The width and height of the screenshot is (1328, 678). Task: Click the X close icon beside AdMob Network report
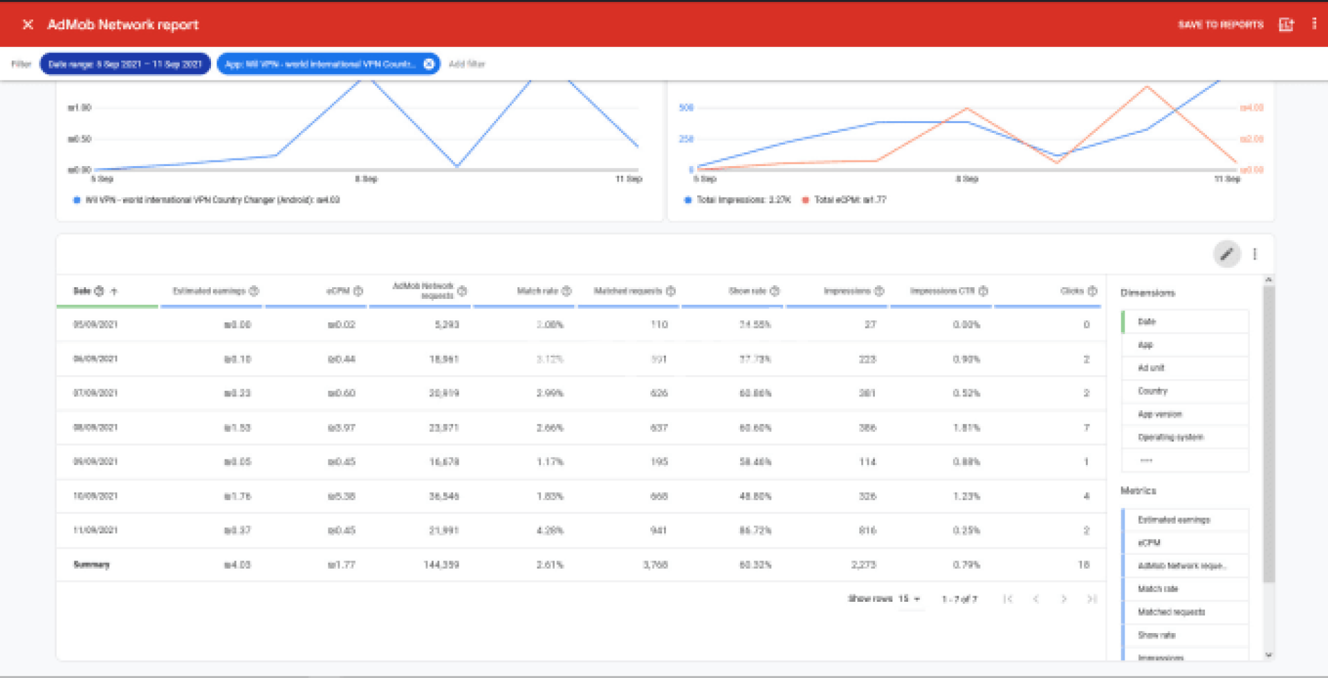pyautogui.click(x=28, y=25)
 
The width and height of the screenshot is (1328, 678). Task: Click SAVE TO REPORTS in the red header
pyautogui.click(x=1220, y=25)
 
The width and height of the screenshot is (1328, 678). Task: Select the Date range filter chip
pyautogui.click(x=125, y=64)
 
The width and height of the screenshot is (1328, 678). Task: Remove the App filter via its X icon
pyautogui.click(x=429, y=64)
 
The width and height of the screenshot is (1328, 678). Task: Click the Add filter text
pyautogui.click(x=467, y=64)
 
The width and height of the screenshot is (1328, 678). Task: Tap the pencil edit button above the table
pyautogui.click(x=1226, y=255)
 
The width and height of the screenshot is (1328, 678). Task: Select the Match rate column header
pyautogui.click(x=537, y=291)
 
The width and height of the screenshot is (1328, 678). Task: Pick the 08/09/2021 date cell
pyautogui.click(x=95, y=428)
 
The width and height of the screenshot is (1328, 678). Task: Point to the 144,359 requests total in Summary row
pyautogui.click(x=441, y=565)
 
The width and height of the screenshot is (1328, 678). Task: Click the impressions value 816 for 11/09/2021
pyautogui.click(x=867, y=531)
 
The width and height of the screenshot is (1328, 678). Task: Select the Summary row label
pyautogui.click(x=92, y=565)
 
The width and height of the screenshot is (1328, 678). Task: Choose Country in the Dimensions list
pyautogui.click(x=1152, y=391)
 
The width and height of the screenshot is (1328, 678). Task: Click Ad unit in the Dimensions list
pyautogui.click(x=1151, y=368)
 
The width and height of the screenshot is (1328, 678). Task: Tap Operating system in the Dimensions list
pyautogui.click(x=1170, y=437)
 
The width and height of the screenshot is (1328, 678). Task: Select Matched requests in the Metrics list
pyautogui.click(x=1171, y=612)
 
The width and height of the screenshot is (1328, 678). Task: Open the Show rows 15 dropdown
pyautogui.click(x=909, y=598)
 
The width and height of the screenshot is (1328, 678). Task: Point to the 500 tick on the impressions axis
pyautogui.click(x=686, y=108)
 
